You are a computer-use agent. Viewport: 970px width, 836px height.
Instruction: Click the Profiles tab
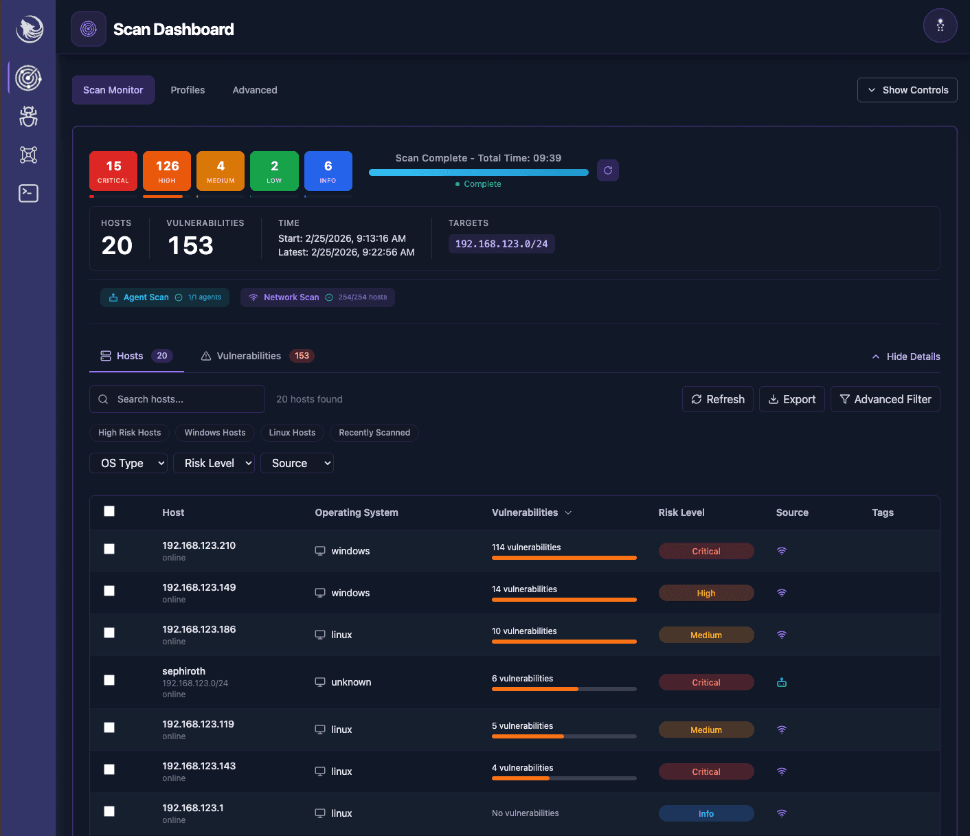pos(188,90)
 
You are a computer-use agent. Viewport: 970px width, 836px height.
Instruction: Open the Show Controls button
pos(907,90)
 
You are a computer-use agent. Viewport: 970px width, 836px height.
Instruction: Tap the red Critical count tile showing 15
pos(113,171)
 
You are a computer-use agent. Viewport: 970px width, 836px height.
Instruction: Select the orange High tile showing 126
pos(167,171)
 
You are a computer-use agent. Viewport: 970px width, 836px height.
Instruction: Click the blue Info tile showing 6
pos(328,171)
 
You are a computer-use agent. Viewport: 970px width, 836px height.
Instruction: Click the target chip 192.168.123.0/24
pos(501,244)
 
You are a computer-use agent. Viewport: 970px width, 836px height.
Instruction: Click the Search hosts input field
pos(177,399)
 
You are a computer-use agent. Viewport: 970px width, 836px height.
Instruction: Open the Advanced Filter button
pos(885,399)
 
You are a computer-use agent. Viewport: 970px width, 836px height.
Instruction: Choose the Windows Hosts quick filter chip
pos(215,433)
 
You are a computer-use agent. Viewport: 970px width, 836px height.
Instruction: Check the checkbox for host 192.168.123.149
pos(109,591)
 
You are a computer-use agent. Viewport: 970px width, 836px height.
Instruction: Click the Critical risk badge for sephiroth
pos(706,682)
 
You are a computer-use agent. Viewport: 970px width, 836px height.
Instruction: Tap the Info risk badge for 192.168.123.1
pos(706,813)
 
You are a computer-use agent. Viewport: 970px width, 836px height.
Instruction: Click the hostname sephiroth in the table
pos(183,671)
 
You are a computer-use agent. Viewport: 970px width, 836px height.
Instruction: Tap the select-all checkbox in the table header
pos(109,511)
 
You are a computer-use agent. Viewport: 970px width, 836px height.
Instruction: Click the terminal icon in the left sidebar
pos(28,193)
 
